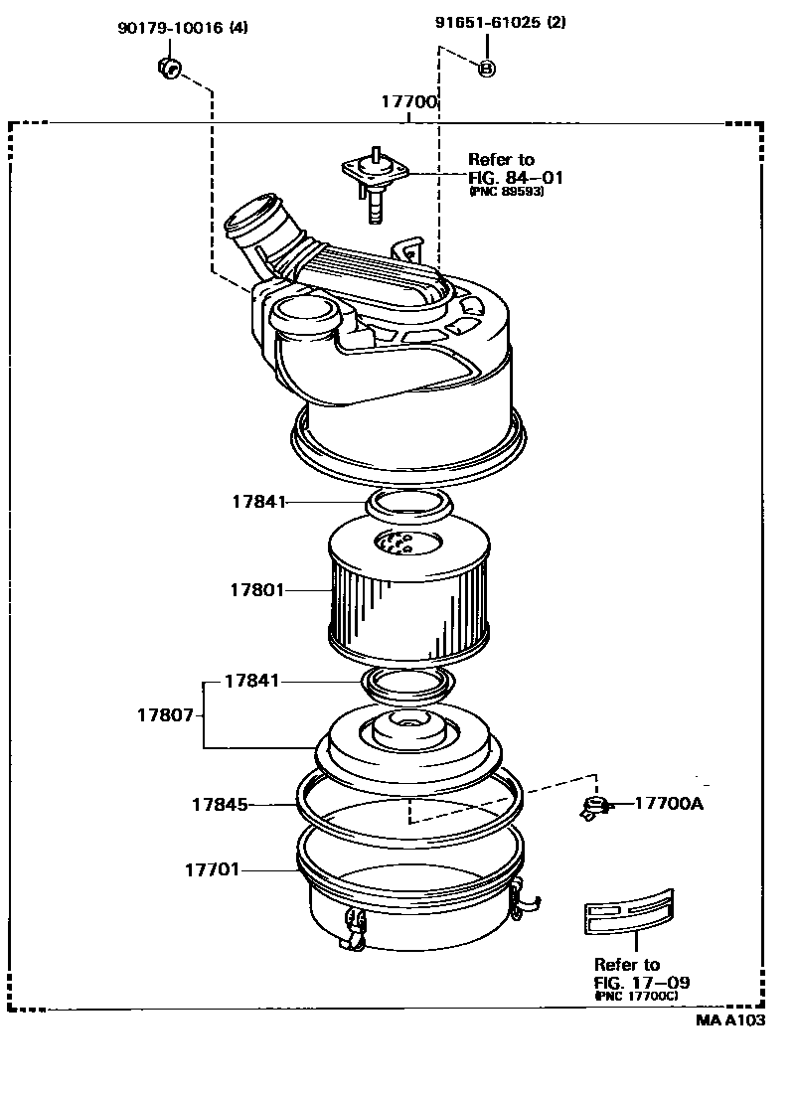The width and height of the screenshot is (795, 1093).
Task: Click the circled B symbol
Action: (487, 68)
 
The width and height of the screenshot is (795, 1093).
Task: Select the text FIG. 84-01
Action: (516, 178)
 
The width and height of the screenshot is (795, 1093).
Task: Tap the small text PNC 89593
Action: (506, 193)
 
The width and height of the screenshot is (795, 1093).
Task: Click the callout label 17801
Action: (256, 589)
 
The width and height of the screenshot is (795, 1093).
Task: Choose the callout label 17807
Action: (164, 714)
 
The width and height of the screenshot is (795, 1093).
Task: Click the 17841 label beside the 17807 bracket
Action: (251, 682)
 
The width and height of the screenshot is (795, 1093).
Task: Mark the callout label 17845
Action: (220, 803)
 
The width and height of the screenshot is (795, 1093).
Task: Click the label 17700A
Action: (668, 803)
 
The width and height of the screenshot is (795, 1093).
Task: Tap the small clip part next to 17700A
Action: (595, 807)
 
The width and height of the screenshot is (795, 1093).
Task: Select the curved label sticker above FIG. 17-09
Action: (629, 913)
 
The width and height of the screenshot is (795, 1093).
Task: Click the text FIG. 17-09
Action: (641, 982)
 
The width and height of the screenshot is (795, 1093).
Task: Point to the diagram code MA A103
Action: (729, 1020)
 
